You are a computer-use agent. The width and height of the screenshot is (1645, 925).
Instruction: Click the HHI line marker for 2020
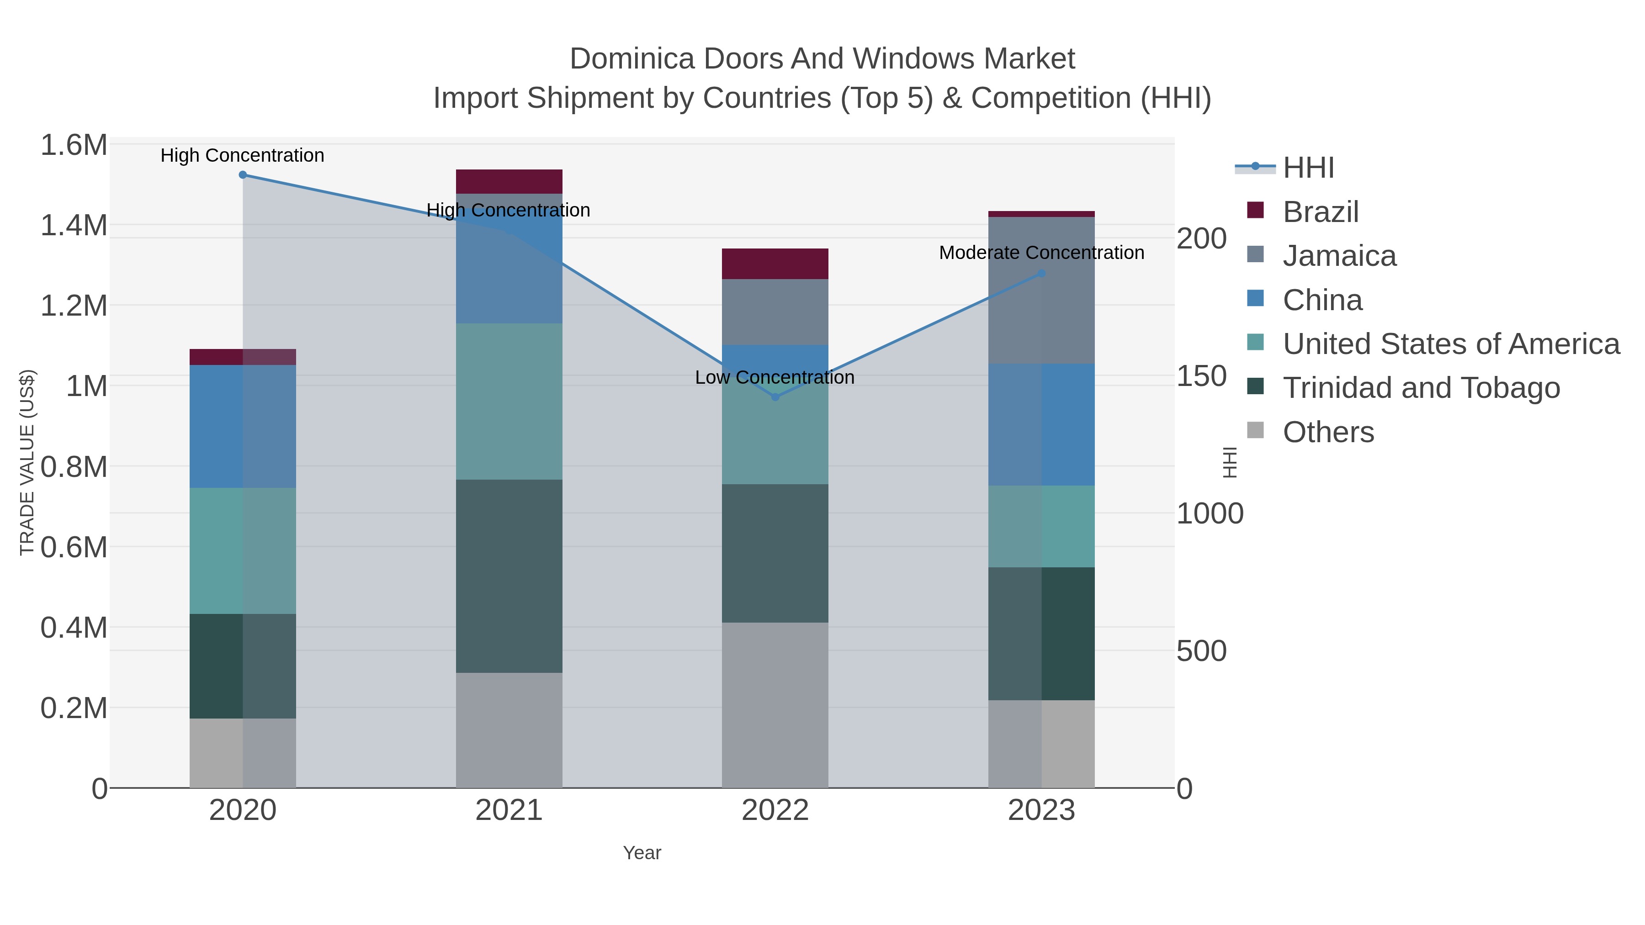tap(243, 175)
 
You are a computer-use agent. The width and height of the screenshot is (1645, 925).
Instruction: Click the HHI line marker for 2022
tap(775, 397)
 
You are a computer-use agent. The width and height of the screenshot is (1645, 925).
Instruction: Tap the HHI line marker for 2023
tap(1041, 273)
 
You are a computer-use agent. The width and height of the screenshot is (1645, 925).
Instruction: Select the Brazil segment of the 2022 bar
tap(775, 264)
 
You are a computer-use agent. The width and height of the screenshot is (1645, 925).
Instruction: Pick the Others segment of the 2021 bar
tap(509, 729)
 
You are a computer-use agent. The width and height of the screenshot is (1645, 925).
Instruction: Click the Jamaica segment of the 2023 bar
tap(1041, 291)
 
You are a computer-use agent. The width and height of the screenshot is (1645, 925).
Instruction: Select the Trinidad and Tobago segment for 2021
tap(509, 576)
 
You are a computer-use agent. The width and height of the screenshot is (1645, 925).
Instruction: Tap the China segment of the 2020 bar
tap(243, 427)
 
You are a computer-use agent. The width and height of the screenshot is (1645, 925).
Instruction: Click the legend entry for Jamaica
tap(1339, 256)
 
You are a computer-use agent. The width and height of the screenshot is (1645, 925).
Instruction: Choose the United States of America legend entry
tap(1451, 344)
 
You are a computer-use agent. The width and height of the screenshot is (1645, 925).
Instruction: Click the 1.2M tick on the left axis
tap(74, 306)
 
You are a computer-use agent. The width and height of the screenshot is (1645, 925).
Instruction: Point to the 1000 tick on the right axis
tap(1210, 514)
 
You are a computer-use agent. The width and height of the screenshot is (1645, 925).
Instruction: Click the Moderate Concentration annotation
tap(1041, 253)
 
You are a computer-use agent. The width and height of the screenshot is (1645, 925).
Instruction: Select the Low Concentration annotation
tap(775, 377)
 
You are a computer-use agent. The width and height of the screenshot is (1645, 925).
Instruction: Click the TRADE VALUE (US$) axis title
tap(27, 462)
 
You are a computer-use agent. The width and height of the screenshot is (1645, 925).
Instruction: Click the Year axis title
tap(642, 853)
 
